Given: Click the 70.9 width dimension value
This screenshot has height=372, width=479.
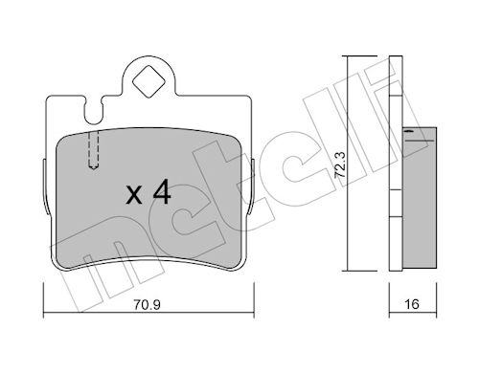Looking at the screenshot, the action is click(x=147, y=304).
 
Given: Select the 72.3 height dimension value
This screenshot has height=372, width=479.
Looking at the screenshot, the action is click(x=340, y=164).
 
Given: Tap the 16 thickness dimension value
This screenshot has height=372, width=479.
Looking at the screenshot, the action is click(x=412, y=304).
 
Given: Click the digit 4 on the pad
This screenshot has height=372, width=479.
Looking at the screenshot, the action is click(x=162, y=191).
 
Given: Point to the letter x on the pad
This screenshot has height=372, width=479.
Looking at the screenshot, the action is click(x=134, y=195).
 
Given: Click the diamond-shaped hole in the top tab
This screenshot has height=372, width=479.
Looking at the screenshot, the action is click(x=148, y=81).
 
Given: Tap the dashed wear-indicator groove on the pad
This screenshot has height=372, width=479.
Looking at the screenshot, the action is click(x=93, y=149).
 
